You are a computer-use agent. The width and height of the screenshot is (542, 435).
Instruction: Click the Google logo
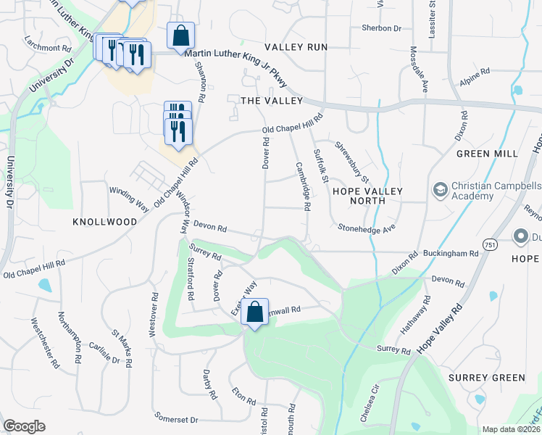(x=24, y=427)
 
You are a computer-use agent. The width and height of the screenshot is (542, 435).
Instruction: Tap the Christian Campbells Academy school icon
(x=439, y=191)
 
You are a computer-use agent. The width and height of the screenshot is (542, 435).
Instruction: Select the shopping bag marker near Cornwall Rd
(x=254, y=312)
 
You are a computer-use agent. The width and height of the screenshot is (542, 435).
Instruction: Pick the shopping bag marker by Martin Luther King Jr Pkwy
(x=180, y=35)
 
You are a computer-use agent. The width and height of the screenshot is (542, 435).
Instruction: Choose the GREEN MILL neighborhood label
(x=487, y=154)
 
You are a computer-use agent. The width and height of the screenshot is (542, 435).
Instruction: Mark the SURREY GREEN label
(x=486, y=378)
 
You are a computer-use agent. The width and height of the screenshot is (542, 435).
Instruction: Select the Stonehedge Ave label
(x=366, y=228)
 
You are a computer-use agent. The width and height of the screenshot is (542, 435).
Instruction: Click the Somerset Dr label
(x=176, y=419)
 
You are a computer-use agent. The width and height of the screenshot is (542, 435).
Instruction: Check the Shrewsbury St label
(x=352, y=162)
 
